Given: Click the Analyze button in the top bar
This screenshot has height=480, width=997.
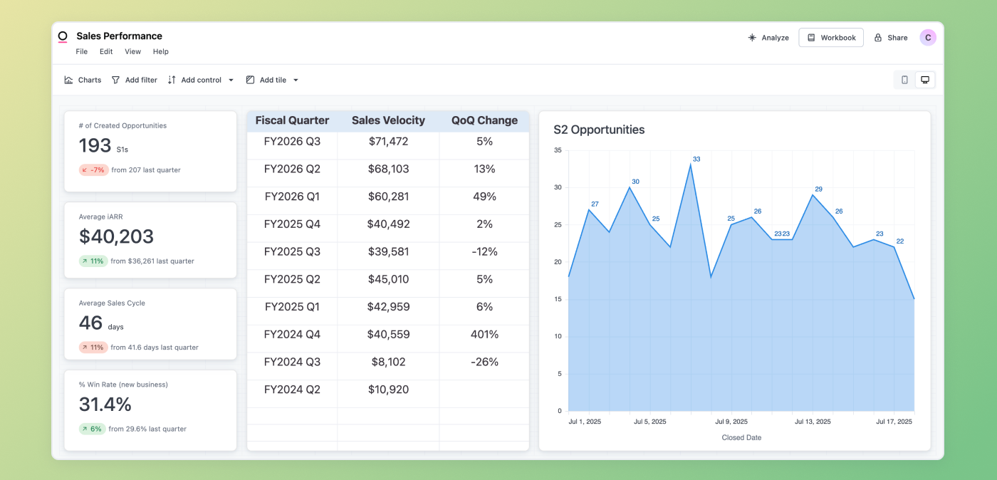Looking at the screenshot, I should (x=768, y=38).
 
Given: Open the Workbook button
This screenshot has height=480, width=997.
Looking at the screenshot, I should (x=831, y=38).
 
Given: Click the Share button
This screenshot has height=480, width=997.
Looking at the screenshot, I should (x=891, y=38).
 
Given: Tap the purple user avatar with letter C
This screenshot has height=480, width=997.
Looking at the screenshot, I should (x=927, y=38).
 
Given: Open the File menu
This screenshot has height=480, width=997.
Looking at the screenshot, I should (x=82, y=51).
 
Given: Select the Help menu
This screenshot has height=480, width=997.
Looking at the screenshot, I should (x=161, y=51).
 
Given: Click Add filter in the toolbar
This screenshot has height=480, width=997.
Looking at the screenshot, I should (x=135, y=80).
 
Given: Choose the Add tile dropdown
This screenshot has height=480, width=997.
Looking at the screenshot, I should (x=273, y=80).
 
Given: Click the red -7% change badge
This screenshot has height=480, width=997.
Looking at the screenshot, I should (x=93, y=170).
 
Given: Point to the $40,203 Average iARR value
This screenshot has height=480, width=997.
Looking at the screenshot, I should (x=117, y=236).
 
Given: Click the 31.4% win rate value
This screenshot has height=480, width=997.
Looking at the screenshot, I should (x=105, y=405).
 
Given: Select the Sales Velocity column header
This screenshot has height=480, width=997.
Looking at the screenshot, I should (x=388, y=120).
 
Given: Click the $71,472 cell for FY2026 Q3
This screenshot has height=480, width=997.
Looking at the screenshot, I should (x=388, y=142).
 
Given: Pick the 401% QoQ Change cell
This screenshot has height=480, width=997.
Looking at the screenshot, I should (x=484, y=335).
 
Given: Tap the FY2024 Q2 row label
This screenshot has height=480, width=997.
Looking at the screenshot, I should (x=292, y=390).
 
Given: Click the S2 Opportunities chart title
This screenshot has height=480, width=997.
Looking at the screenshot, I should (x=599, y=130).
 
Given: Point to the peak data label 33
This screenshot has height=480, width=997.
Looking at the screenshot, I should (x=696, y=160).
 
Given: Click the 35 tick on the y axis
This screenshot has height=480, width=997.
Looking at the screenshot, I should (x=558, y=150).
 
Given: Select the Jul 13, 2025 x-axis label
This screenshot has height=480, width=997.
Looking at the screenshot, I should (x=813, y=422).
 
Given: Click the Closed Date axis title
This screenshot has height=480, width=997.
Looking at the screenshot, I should (x=741, y=437).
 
